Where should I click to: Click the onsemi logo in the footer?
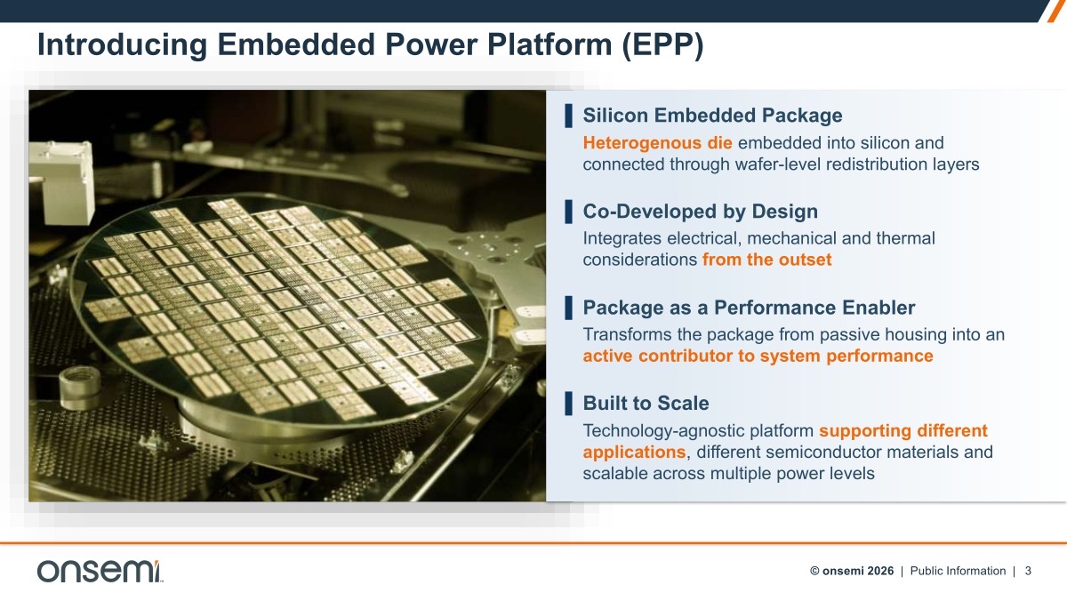[x=100, y=571]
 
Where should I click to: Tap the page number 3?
[x=1028, y=571]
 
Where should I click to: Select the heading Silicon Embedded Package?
[x=712, y=116]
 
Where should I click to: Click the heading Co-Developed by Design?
[x=701, y=212]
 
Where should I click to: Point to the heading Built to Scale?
[x=646, y=403]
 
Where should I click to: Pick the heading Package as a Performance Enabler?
[x=749, y=308]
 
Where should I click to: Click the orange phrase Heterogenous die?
[x=657, y=143]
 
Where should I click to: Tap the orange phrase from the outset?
[x=766, y=260]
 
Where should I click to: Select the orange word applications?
[x=634, y=452]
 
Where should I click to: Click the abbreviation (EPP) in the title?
[x=662, y=45]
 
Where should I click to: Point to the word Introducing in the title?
[x=123, y=44]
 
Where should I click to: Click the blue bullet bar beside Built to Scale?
[x=568, y=404]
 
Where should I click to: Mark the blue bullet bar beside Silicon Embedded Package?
[x=568, y=116]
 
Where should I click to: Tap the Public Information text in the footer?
[x=958, y=571]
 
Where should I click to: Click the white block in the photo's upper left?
[x=61, y=182]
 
